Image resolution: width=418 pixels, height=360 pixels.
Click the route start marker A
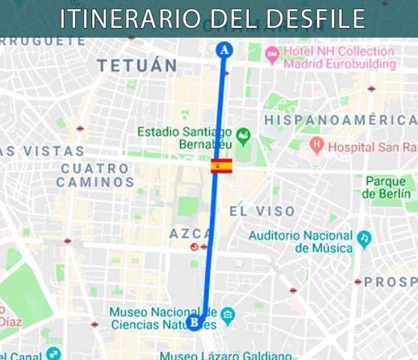coord(224,49)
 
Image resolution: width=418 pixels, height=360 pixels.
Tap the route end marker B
coord(194,323)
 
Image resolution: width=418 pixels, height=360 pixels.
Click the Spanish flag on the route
coord(222,166)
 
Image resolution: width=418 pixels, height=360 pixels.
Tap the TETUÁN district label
coord(137,66)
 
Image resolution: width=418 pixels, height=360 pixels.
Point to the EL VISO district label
coord(262,212)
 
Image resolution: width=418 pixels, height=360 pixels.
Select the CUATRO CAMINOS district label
coord(95,175)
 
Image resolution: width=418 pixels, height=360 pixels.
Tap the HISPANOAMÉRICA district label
coord(340,120)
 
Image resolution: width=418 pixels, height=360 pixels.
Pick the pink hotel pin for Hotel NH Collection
coord(271,52)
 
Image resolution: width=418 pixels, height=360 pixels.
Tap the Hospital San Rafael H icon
coord(316,144)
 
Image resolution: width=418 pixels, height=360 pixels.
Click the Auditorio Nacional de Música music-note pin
coord(364,238)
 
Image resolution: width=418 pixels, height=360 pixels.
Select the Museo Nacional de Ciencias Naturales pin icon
coord(228,314)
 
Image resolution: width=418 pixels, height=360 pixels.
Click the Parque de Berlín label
coord(387,187)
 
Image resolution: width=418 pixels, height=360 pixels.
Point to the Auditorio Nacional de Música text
coord(301,242)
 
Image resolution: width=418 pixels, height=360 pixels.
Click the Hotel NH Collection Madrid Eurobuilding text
coord(339,58)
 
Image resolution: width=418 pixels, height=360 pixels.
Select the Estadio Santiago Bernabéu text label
coord(185,138)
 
